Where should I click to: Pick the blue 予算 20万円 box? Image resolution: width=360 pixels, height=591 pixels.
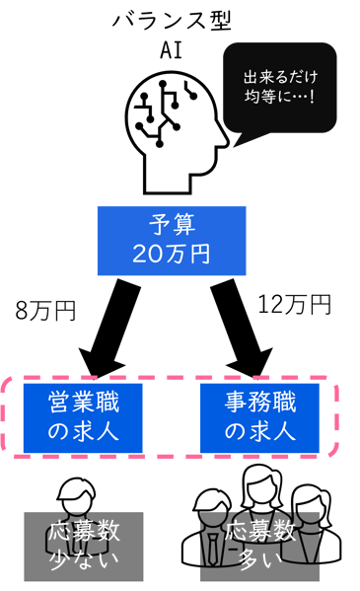(170, 239)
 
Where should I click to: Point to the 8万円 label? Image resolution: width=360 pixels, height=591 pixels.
(45, 311)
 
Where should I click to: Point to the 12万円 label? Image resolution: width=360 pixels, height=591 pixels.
(293, 306)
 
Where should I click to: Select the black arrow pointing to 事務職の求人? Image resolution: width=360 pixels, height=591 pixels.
(247, 329)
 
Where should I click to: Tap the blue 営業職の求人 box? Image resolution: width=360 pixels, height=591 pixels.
(83, 417)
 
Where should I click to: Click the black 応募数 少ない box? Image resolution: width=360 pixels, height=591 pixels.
(83, 546)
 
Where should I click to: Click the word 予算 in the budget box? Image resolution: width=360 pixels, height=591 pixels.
(170, 225)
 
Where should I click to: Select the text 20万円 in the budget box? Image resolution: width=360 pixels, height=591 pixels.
(170, 254)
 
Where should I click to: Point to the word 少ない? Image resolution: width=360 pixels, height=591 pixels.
(83, 561)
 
